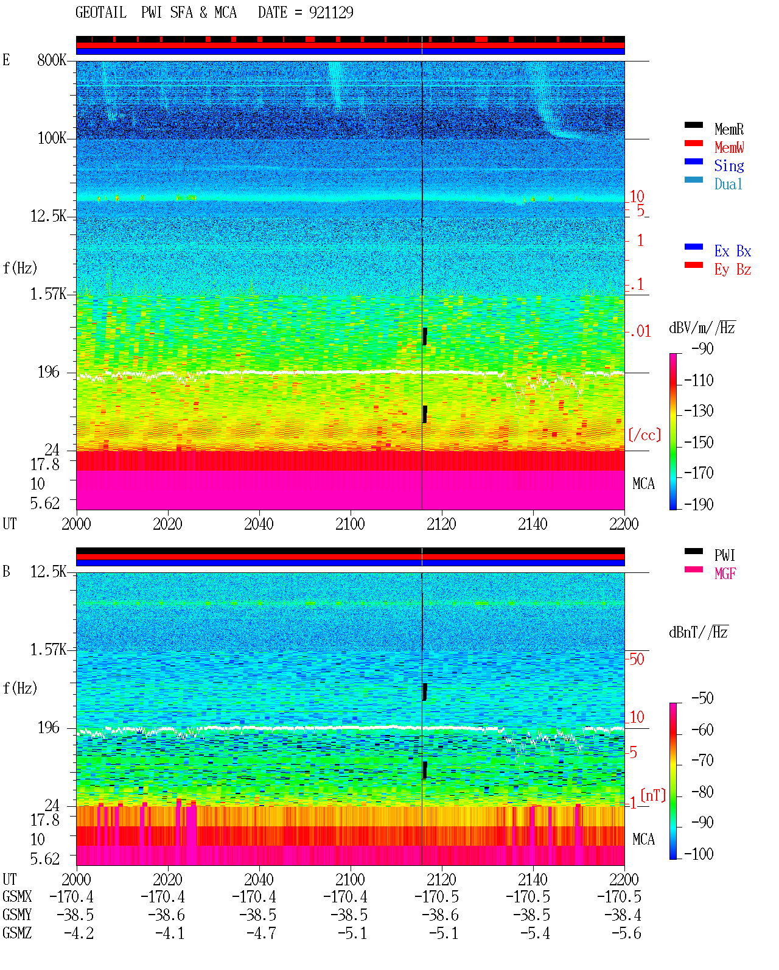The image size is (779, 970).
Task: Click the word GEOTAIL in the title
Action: pyautogui.click(x=101, y=12)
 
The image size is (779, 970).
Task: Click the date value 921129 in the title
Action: pyautogui.click(x=331, y=12)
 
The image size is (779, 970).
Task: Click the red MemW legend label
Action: pyautogui.click(x=729, y=147)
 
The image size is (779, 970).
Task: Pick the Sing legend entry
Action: pyautogui.click(x=729, y=166)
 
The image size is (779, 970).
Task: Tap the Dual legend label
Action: pyautogui.click(x=728, y=184)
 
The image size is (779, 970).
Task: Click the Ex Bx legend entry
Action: pyautogui.click(x=733, y=251)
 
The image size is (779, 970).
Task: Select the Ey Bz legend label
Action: pyautogui.click(x=733, y=269)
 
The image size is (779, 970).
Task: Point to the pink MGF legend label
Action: pyautogui.click(x=725, y=574)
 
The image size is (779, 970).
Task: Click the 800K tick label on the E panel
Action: pyautogui.click(x=52, y=60)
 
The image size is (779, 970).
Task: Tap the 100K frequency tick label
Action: pyautogui.click(x=52, y=138)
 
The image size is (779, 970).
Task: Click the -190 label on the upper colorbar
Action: pyautogui.click(x=699, y=504)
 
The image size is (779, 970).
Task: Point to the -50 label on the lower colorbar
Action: pyautogui.click(x=703, y=698)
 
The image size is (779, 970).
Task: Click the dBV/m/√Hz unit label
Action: pyautogui.click(x=702, y=328)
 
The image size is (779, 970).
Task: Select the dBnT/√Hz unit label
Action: pyautogui.click(x=699, y=633)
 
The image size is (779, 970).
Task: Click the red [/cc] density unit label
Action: pyautogui.click(x=645, y=435)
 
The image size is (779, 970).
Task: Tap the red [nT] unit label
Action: pyautogui.click(x=653, y=795)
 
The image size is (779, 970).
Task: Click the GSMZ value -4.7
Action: pyautogui.click(x=261, y=933)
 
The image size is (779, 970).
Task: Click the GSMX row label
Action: pyautogui.click(x=17, y=896)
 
